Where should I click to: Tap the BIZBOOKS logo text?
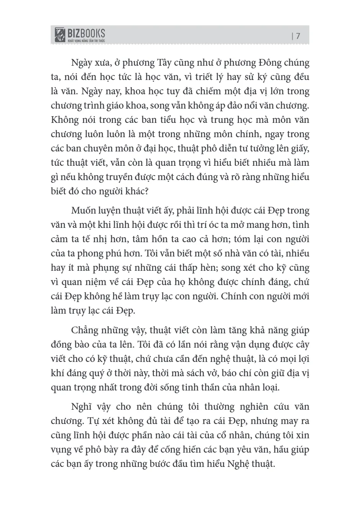[86, 33]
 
